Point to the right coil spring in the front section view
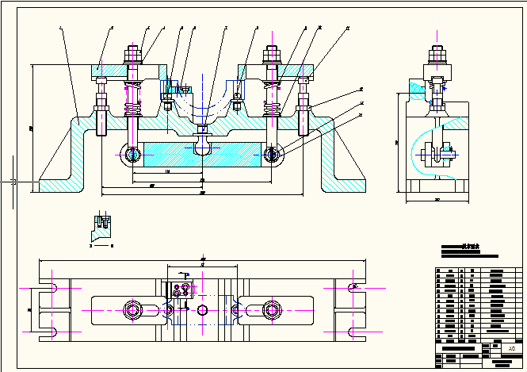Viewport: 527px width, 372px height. [272, 103]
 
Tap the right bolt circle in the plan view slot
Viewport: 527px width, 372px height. [273, 309]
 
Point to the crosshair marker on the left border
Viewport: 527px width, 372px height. [13, 182]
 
